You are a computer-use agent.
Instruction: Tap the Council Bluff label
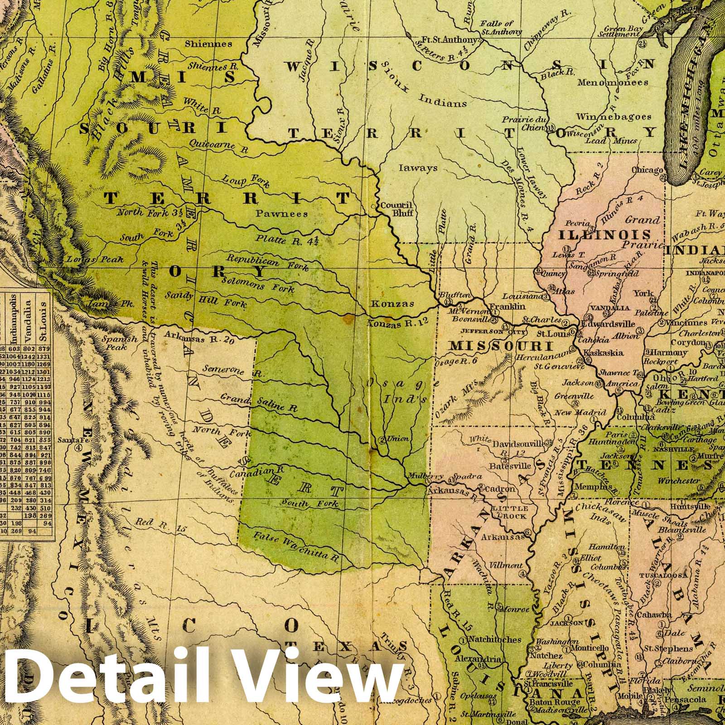point(396,208)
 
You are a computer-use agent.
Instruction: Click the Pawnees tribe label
point(281,213)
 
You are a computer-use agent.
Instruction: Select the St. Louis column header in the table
point(44,318)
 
